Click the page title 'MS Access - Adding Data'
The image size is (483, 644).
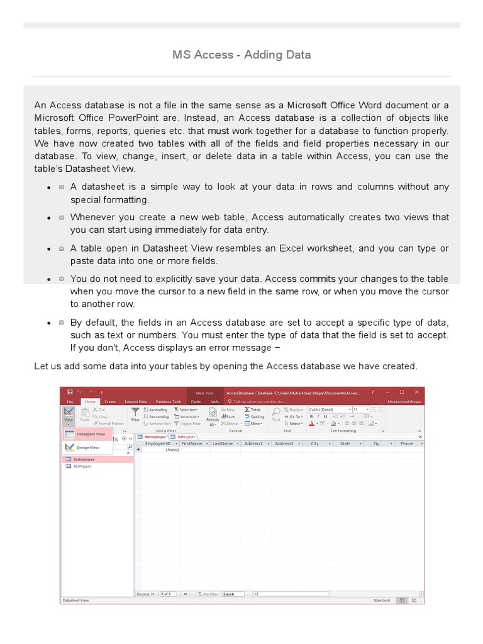coord(241,55)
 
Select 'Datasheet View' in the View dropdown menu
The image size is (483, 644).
coord(91,434)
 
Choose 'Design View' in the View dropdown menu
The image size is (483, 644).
coord(88,447)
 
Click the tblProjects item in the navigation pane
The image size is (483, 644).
coord(82,466)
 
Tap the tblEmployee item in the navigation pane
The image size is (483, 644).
coord(83,459)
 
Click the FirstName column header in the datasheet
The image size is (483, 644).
coord(192,443)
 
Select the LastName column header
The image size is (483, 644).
coord(223,443)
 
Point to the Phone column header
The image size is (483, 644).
coord(407,443)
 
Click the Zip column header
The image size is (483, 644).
coord(376,443)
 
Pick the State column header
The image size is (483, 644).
coord(345,443)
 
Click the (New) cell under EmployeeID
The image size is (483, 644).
coord(172,450)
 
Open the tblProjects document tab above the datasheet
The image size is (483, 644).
coord(186,436)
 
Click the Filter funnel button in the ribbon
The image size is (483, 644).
coord(135,415)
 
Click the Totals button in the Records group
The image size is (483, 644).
coord(253,409)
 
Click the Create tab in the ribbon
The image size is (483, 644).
coord(110,401)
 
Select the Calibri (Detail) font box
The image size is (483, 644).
coord(328,409)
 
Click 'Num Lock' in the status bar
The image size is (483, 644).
coord(382,601)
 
